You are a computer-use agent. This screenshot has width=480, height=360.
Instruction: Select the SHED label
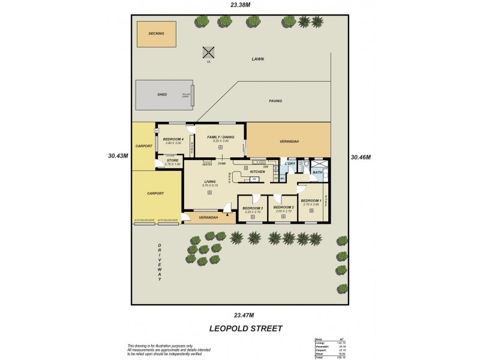click(x=162, y=95)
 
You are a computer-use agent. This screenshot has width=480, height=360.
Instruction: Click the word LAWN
click(x=258, y=59)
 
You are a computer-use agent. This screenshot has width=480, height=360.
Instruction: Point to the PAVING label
click(x=275, y=101)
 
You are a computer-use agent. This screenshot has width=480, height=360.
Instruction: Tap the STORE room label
click(x=173, y=160)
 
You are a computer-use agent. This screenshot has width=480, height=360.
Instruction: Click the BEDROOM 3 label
click(x=253, y=208)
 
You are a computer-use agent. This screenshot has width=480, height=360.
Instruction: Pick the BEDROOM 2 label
click(x=283, y=208)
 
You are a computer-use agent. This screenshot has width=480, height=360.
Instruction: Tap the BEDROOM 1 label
click(x=312, y=201)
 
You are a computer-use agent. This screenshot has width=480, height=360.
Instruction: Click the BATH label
click(x=318, y=173)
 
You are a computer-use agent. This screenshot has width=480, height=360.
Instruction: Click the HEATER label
click(x=208, y=164)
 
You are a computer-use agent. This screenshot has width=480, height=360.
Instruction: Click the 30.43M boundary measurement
click(x=118, y=155)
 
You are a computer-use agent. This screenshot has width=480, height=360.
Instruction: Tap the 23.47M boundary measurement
click(x=244, y=314)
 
